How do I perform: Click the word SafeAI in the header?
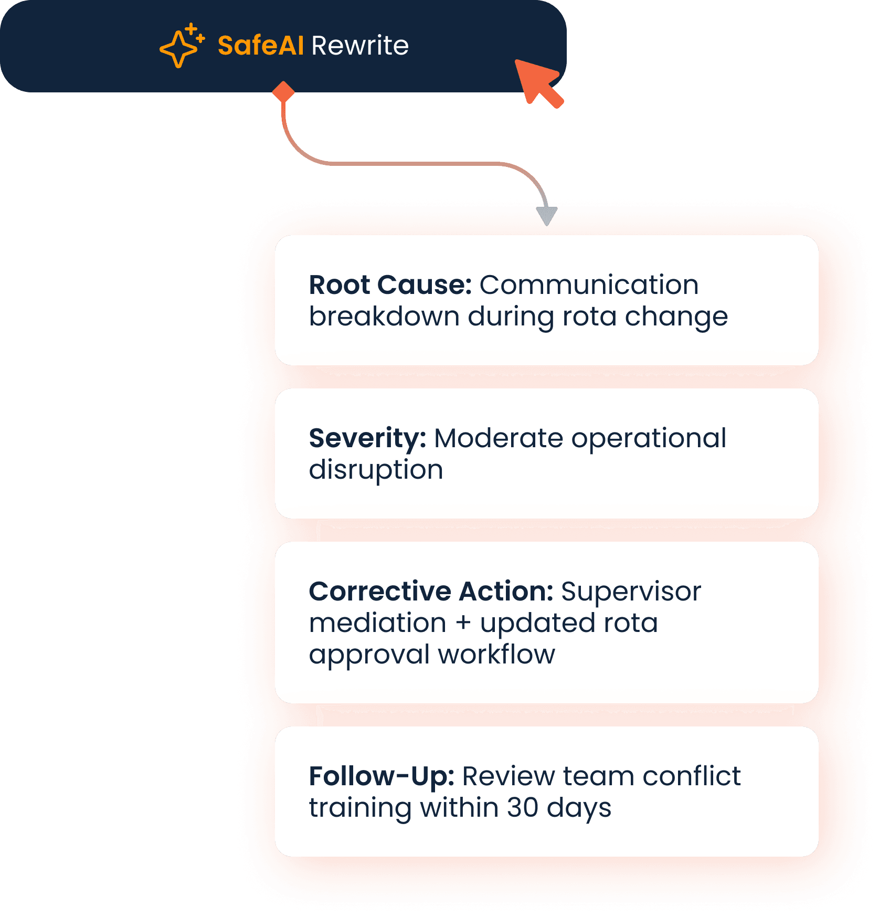point(260,46)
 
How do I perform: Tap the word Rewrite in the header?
point(360,46)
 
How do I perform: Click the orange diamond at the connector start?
point(283,92)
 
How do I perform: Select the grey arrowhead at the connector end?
point(547,216)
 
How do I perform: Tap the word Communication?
point(589,285)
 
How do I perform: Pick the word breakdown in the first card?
point(384,317)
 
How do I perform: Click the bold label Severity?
point(367,438)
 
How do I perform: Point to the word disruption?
point(376,470)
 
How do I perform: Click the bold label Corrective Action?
point(431,592)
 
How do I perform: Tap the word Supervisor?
point(631,592)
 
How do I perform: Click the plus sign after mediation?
point(463,623)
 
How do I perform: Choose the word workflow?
point(496,655)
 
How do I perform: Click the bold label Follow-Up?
point(382,776)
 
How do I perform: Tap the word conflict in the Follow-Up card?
point(691,776)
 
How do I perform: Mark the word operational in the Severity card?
point(649,438)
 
